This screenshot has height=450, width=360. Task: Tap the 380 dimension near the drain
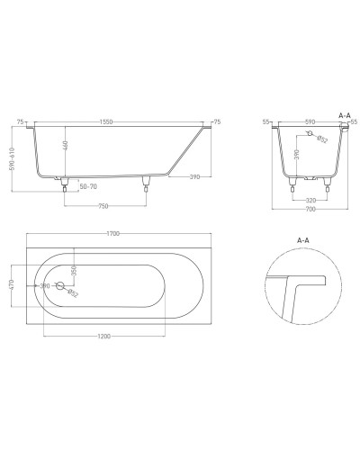pyautogui.click(x=45, y=285)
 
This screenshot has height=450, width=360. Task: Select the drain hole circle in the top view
pyautogui.click(x=61, y=286)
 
